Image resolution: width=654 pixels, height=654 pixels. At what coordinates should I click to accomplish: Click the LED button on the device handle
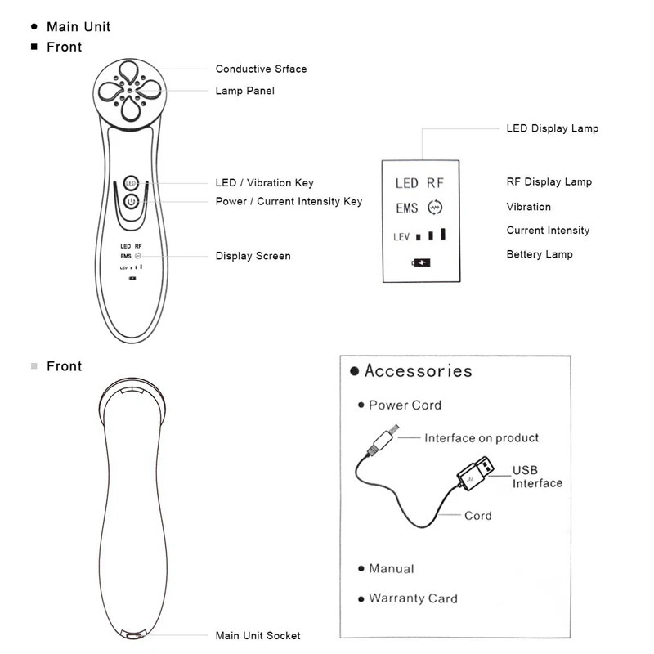[131, 183]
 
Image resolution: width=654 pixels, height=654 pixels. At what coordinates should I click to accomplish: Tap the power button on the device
[132, 202]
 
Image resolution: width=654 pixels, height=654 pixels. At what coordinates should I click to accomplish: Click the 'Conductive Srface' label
[261, 69]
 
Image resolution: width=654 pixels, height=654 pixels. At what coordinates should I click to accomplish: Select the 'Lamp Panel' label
[244, 91]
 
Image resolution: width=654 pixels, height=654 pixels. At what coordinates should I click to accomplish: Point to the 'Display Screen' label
[253, 256]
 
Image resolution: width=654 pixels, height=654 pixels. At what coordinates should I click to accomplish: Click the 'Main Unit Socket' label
[258, 635]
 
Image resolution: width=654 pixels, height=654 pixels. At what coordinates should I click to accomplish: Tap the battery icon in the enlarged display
[421, 262]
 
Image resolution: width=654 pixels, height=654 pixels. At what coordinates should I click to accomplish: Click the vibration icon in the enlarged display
[435, 208]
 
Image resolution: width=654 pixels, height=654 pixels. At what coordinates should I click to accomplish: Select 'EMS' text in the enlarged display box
[406, 208]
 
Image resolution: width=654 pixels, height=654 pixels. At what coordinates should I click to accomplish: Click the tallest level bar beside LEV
[443, 234]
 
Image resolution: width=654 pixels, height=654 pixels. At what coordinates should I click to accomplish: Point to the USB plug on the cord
[476, 473]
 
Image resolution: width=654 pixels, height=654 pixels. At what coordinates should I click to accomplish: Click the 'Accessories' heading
[419, 370]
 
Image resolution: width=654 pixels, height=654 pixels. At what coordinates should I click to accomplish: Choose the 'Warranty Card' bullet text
[413, 598]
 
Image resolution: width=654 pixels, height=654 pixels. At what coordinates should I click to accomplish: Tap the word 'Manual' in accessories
[392, 568]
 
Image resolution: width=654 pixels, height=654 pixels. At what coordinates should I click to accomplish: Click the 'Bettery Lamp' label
[540, 254]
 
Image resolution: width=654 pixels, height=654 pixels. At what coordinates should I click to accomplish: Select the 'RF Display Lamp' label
[549, 181]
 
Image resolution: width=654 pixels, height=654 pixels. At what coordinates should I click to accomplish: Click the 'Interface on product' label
[482, 437]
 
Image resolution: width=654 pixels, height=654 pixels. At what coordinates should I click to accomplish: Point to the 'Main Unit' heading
[78, 27]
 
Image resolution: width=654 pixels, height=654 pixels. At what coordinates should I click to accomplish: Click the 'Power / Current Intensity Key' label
[289, 201]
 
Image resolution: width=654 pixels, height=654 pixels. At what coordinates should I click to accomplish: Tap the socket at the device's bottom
[133, 636]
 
